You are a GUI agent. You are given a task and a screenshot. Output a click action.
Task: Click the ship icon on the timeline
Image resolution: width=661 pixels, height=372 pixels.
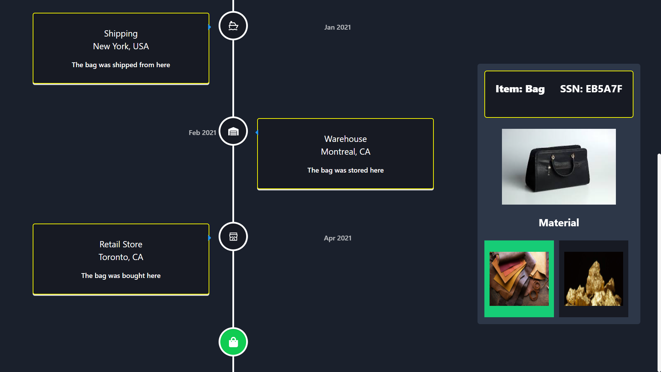[x=233, y=26]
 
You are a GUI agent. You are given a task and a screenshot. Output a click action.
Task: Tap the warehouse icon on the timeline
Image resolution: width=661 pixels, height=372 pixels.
[x=233, y=131]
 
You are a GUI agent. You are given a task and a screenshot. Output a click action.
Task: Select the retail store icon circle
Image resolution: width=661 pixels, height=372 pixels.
[x=233, y=237]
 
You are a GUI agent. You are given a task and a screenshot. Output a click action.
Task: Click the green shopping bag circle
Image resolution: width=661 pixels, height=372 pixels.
[x=233, y=342]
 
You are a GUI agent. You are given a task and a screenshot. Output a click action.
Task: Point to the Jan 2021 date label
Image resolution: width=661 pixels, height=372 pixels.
[x=337, y=27]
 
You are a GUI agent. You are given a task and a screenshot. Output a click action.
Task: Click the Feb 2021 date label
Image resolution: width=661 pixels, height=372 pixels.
[x=202, y=133]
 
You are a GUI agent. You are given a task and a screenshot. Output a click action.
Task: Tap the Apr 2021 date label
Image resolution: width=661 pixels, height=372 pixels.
[x=337, y=238]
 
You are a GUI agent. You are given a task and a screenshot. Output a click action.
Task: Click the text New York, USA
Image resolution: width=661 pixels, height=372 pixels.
[x=121, y=46]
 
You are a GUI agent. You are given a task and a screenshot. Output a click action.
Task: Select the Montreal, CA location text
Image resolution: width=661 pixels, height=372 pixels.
[x=345, y=152]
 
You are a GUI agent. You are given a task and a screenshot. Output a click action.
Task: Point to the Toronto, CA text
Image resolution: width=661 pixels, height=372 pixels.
[x=121, y=257]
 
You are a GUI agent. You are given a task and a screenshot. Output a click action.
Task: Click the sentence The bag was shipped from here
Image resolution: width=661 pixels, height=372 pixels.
[x=121, y=65]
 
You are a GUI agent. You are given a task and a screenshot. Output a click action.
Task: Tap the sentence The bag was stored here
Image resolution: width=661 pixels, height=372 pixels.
[x=345, y=170]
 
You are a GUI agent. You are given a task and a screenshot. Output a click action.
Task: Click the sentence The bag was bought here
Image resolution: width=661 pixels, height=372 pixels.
[x=121, y=276]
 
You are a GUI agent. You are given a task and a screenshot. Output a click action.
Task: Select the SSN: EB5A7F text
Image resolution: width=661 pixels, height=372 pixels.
[x=591, y=89]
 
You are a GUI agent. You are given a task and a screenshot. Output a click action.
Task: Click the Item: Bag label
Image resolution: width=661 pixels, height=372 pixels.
[x=520, y=89]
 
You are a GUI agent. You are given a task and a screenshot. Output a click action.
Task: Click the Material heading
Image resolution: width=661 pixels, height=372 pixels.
[x=559, y=223]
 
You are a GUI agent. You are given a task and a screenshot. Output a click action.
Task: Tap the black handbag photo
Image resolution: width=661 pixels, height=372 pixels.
[x=559, y=167]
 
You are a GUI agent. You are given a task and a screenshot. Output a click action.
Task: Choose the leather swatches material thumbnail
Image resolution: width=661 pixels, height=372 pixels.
[x=519, y=279]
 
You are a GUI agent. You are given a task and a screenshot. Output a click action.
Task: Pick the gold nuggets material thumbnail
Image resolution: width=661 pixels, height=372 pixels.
[x=594, y=279]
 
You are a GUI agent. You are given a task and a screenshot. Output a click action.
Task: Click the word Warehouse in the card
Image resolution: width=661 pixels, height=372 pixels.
[x=345, y=139]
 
